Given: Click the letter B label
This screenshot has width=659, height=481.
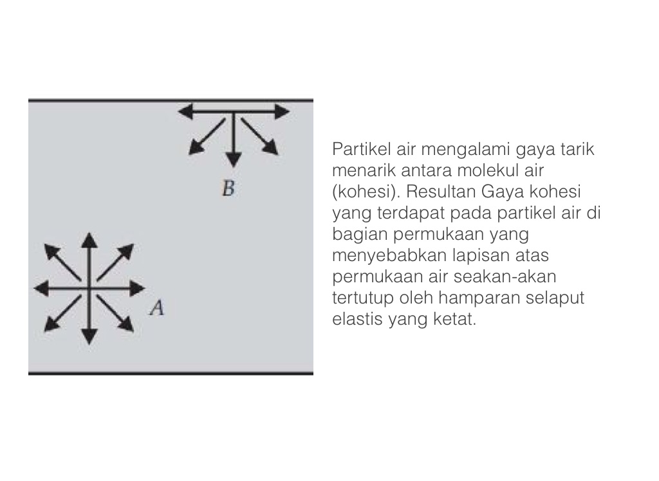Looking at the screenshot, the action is coord(228,188).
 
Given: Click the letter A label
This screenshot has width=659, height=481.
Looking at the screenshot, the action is coord(157,308).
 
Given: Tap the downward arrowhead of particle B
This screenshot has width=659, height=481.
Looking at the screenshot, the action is coord(233,160).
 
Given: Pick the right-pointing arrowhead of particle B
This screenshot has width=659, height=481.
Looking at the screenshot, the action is coord(282,112).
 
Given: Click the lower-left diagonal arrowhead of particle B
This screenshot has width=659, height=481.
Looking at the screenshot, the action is coord(195,149).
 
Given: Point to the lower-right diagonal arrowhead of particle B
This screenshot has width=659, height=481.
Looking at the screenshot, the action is coord(271,149).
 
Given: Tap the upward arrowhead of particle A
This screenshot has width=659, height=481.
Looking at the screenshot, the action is coord(89,240).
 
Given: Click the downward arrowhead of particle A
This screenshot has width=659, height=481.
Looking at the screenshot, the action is coord(89,337).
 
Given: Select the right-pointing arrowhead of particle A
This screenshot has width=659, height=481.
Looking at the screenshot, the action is coord(138,289).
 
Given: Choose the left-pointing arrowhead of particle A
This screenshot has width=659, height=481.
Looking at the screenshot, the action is coord(41,289).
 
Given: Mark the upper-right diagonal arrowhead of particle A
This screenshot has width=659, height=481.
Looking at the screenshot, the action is coord(127,251).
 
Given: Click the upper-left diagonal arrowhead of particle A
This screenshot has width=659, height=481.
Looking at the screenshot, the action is coord(51,251).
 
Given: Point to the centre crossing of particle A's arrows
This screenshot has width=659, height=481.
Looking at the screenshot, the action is coord(89,289).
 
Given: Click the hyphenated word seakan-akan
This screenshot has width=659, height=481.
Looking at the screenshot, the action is coord(505,277).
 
